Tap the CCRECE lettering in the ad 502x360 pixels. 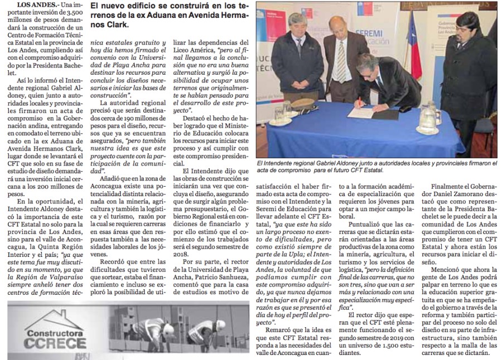[47, 344]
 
